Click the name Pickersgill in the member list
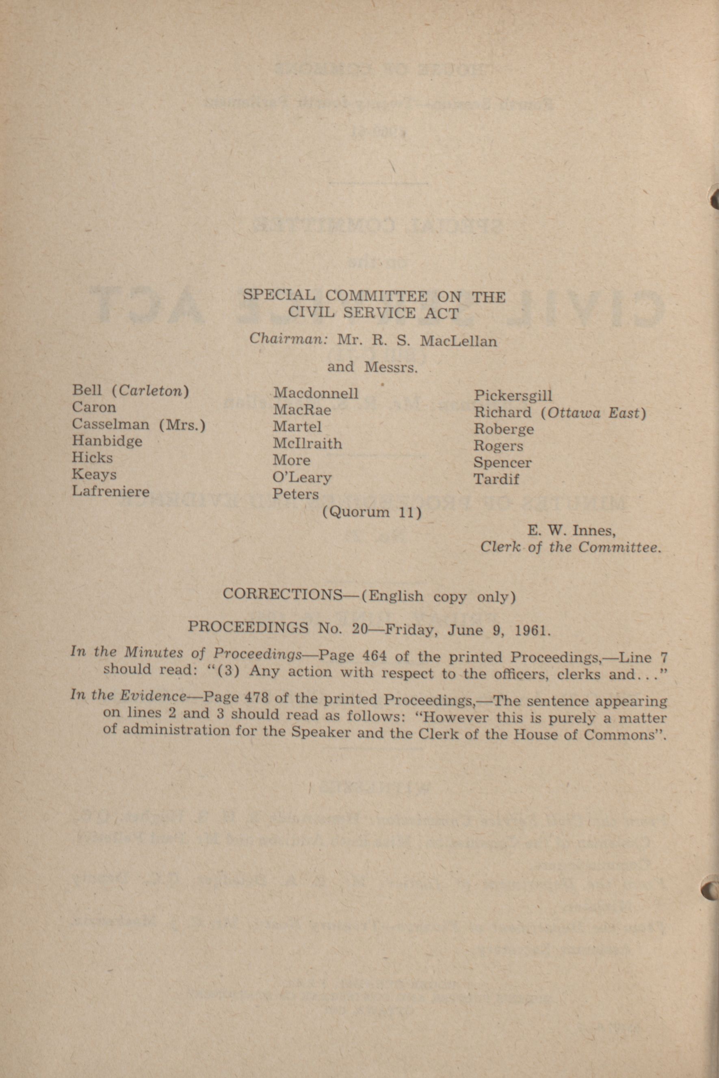click(x=513, y=395)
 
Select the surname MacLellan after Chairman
click(x=458, y=341)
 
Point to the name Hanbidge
click(x=107, y=441)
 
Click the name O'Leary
click(x=302, y=477)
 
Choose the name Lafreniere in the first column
click(x=110, y=491)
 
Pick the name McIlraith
click(x=307, y=443)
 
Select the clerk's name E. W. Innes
click(x=571, y=530)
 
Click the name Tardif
click(x=496, y=479)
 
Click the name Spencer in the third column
click(x=502, y=462)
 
